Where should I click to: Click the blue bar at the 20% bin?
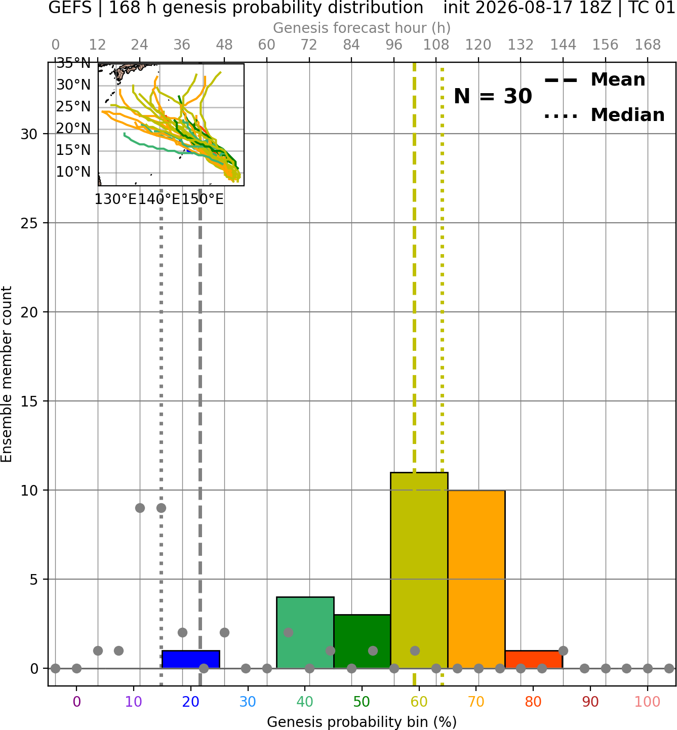click(x=191, y=659)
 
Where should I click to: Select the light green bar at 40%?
click(x=305, y=632)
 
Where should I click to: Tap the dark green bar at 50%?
click(x=362, y=641)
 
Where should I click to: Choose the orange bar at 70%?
click(x=476, y=579)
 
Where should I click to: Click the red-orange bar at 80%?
click(x=534, y=659)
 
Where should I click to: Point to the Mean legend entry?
click(x=594, y=80)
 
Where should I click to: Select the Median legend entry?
click(x=605, y=115)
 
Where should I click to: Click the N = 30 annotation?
click(x=493, y=96)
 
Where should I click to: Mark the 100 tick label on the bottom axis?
click(x=647, y=702)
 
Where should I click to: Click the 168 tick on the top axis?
click(x=648, y=45)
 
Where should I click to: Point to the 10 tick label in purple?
click(x=134, y=702)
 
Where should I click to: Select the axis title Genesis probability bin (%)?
click(x=362, y=722)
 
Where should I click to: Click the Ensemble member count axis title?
click(x=6, y=375)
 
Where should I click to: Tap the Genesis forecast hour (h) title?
click(x=362, y=28)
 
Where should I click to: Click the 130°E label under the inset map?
click(x=116, y=199)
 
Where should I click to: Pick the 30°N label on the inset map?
click(x=73, y=85)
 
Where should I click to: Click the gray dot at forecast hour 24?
click(x=140, y=508)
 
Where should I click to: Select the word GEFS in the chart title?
click(x=70, y=8)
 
